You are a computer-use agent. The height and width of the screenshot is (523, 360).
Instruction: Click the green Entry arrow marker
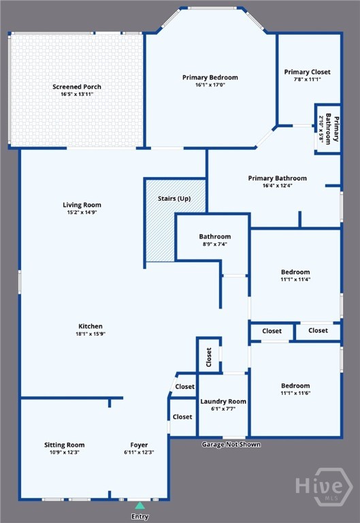point(140,505)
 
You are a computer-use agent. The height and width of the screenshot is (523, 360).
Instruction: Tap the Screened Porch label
point(77,87)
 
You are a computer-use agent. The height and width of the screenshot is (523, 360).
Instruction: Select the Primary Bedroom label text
point(210,78)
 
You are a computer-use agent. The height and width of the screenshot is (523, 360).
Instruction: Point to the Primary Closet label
point(307,72)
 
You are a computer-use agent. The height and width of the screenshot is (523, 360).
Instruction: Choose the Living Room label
point(82,205)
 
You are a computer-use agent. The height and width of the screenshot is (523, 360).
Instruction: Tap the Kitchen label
point(91,327)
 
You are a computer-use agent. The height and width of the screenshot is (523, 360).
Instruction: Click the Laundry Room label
point(223,401)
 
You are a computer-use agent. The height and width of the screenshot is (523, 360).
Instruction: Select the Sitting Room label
point(65,445)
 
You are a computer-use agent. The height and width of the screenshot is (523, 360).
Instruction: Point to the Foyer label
point(139,445)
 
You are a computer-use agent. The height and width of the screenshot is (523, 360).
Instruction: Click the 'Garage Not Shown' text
point(231,445)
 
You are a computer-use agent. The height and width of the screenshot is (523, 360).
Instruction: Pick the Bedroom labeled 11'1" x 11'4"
point(295,272)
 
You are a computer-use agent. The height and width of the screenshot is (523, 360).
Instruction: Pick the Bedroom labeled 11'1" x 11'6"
point(295,385)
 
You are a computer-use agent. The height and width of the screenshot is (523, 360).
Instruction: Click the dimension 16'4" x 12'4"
point(277,186)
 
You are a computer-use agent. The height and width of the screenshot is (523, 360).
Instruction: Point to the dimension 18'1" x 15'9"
point(91,334)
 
